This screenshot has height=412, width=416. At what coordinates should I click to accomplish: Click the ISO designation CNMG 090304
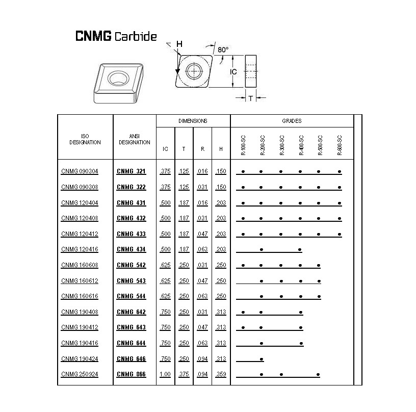coord(80,171)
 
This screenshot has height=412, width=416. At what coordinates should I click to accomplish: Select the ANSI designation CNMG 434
coord(131,249)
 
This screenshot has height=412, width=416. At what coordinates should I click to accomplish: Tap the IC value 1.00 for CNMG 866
coord(165,374)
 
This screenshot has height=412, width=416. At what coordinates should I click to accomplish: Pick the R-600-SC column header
coord(340,145)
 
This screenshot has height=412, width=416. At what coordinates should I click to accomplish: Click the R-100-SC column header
coord(243,145)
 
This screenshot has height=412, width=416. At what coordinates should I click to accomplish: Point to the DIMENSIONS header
coord(193,121)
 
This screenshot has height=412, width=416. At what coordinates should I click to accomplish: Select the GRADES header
coord(292,121)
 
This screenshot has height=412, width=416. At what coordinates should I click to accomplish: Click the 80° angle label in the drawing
coord(223,49)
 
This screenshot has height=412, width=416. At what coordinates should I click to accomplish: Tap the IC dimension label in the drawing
coord(233,72)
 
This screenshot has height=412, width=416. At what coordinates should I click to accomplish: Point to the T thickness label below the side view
coord(251,99)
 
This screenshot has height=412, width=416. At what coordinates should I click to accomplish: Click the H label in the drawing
coord(179,44)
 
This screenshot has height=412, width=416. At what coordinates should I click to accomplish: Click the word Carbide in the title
coord(136,36)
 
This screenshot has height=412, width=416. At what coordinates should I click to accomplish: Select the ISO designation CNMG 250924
coord(80,374)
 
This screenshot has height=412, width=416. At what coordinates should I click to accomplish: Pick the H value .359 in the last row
coord(221,374)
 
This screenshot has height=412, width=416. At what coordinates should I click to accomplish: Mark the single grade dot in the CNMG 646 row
coord(262,359)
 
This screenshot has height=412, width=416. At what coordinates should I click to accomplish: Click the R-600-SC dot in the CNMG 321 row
coord(340,172)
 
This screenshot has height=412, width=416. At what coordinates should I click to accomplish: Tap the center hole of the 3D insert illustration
coord(118,78)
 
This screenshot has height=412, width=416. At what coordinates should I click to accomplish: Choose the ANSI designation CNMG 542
coord(131,265)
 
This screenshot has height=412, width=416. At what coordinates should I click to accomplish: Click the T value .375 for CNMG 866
coord(184,374)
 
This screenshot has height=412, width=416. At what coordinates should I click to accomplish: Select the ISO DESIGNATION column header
coord(85,139)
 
